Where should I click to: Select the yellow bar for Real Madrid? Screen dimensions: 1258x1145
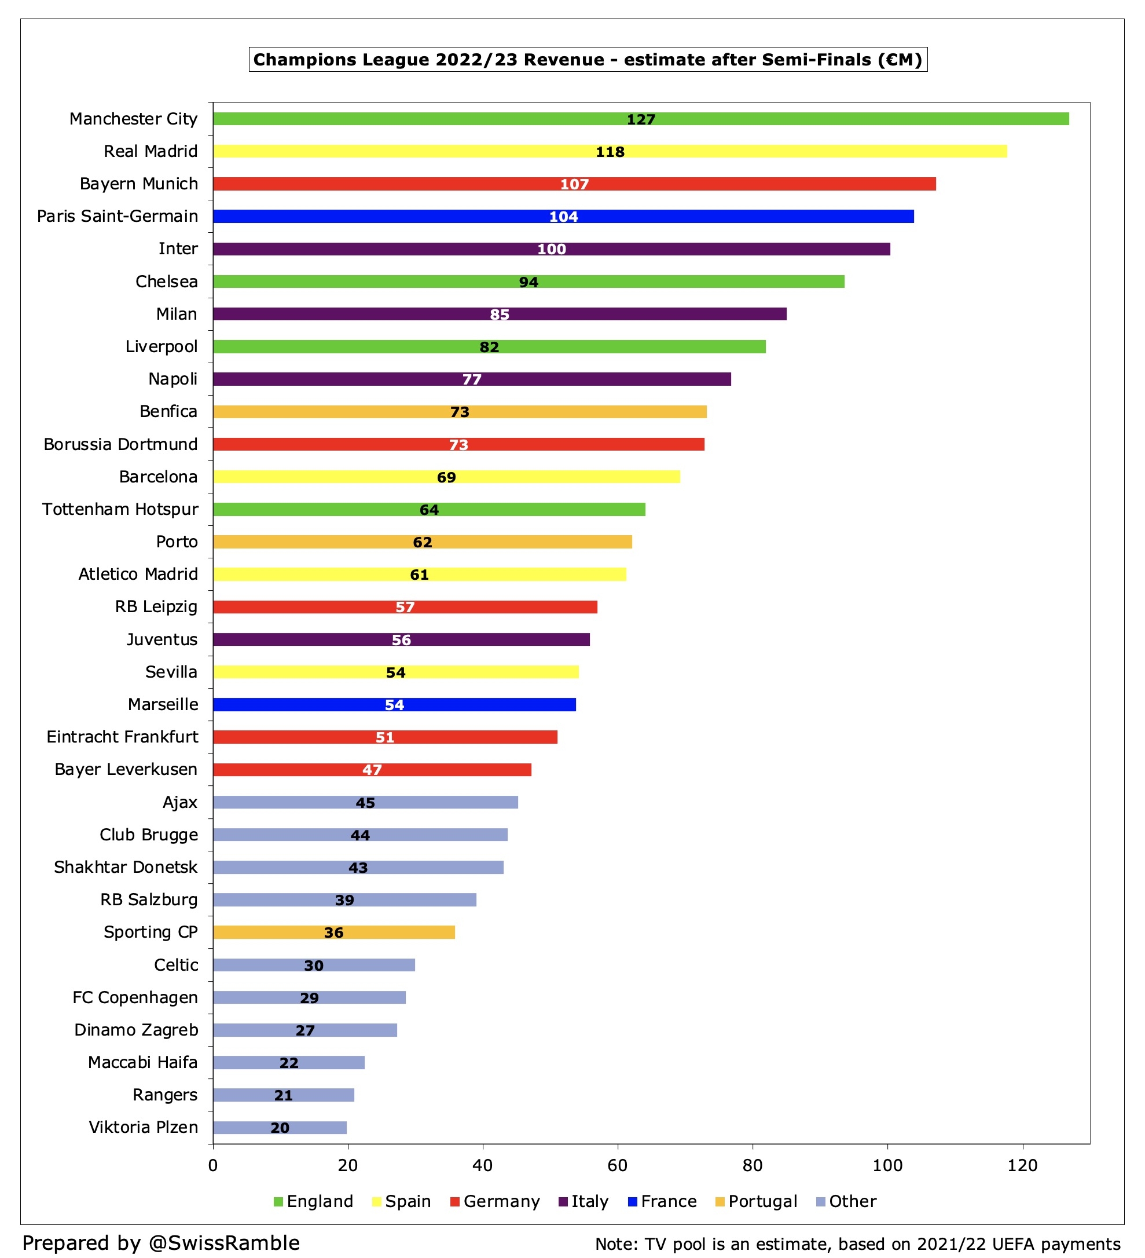[610, 151]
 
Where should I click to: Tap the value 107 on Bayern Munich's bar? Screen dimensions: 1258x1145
[574, 184]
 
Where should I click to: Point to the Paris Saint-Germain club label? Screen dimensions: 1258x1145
[118, 216]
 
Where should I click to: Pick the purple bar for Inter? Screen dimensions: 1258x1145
[551, 249]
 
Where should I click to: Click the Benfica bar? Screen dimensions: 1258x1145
[460, 412]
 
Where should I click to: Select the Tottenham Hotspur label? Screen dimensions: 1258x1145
[120, 509]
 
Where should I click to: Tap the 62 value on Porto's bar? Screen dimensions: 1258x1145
[422, 542]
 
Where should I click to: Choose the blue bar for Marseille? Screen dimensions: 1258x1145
[394, 704]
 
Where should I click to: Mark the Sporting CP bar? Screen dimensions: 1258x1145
[333, 932]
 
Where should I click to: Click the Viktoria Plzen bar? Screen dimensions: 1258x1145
[280, 1128]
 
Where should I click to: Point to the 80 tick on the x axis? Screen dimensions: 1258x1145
[752, 1165]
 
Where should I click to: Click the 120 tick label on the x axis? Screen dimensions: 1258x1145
[1022, 1165]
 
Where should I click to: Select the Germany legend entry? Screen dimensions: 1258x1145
[494, 1201]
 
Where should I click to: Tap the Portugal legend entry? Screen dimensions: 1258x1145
[756, 1201]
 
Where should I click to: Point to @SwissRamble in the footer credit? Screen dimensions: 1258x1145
[225, 1242]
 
